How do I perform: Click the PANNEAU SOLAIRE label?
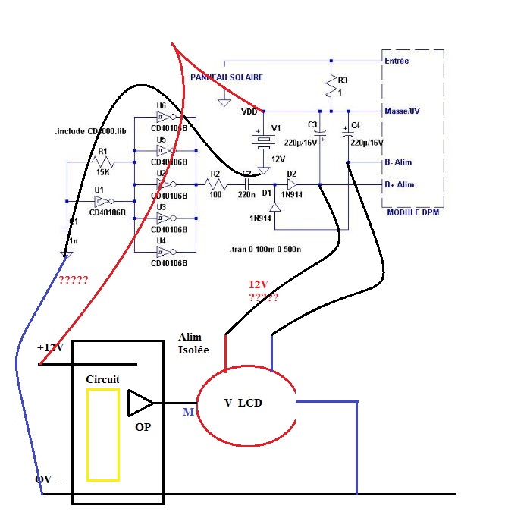point(226,77)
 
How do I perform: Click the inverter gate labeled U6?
point(165,118)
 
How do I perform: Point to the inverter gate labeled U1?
point(101,201)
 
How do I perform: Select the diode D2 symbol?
point(292,184)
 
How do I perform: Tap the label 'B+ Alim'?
point(400,184)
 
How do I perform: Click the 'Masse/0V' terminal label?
point(402,111)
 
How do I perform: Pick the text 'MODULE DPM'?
point(412,212)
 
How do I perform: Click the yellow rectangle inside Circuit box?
point(102,435)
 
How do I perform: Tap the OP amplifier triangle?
point(140,403)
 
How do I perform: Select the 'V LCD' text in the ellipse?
point(243,403)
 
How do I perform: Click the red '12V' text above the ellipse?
point(259,284)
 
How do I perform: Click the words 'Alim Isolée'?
point(195,344)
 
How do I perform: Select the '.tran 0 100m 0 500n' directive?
point(265,249)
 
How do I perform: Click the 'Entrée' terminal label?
point(397,60)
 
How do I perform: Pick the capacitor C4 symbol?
point(349,137)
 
